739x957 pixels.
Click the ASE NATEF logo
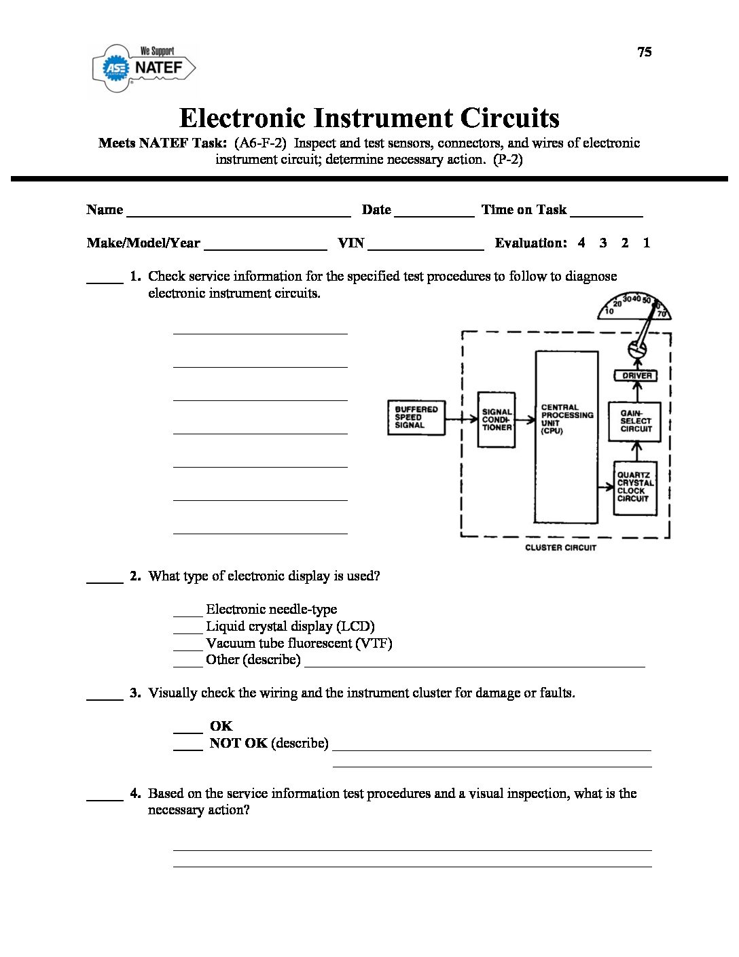(x=144, y=68)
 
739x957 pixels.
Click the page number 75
(x=645, y=52)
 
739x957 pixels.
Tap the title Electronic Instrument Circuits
(x=369, y=118)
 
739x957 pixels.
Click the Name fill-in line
(x=238, y=211)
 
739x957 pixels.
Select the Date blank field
(x=434, y=211)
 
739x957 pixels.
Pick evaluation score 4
(x=581, y=243)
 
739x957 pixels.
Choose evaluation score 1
(x=647, y=243)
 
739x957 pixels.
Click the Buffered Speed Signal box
(x=416, y=417)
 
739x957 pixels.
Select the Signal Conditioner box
(x=497, y=419)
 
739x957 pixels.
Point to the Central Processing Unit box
(x=566, y=437)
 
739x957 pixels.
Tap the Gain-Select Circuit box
(x=636, y=421)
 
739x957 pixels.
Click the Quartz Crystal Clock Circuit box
(x=635, y=487)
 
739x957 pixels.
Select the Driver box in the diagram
(x=636, y=375)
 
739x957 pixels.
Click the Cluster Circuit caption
(x=560, y=548)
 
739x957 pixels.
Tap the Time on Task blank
(x=607, y=211)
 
